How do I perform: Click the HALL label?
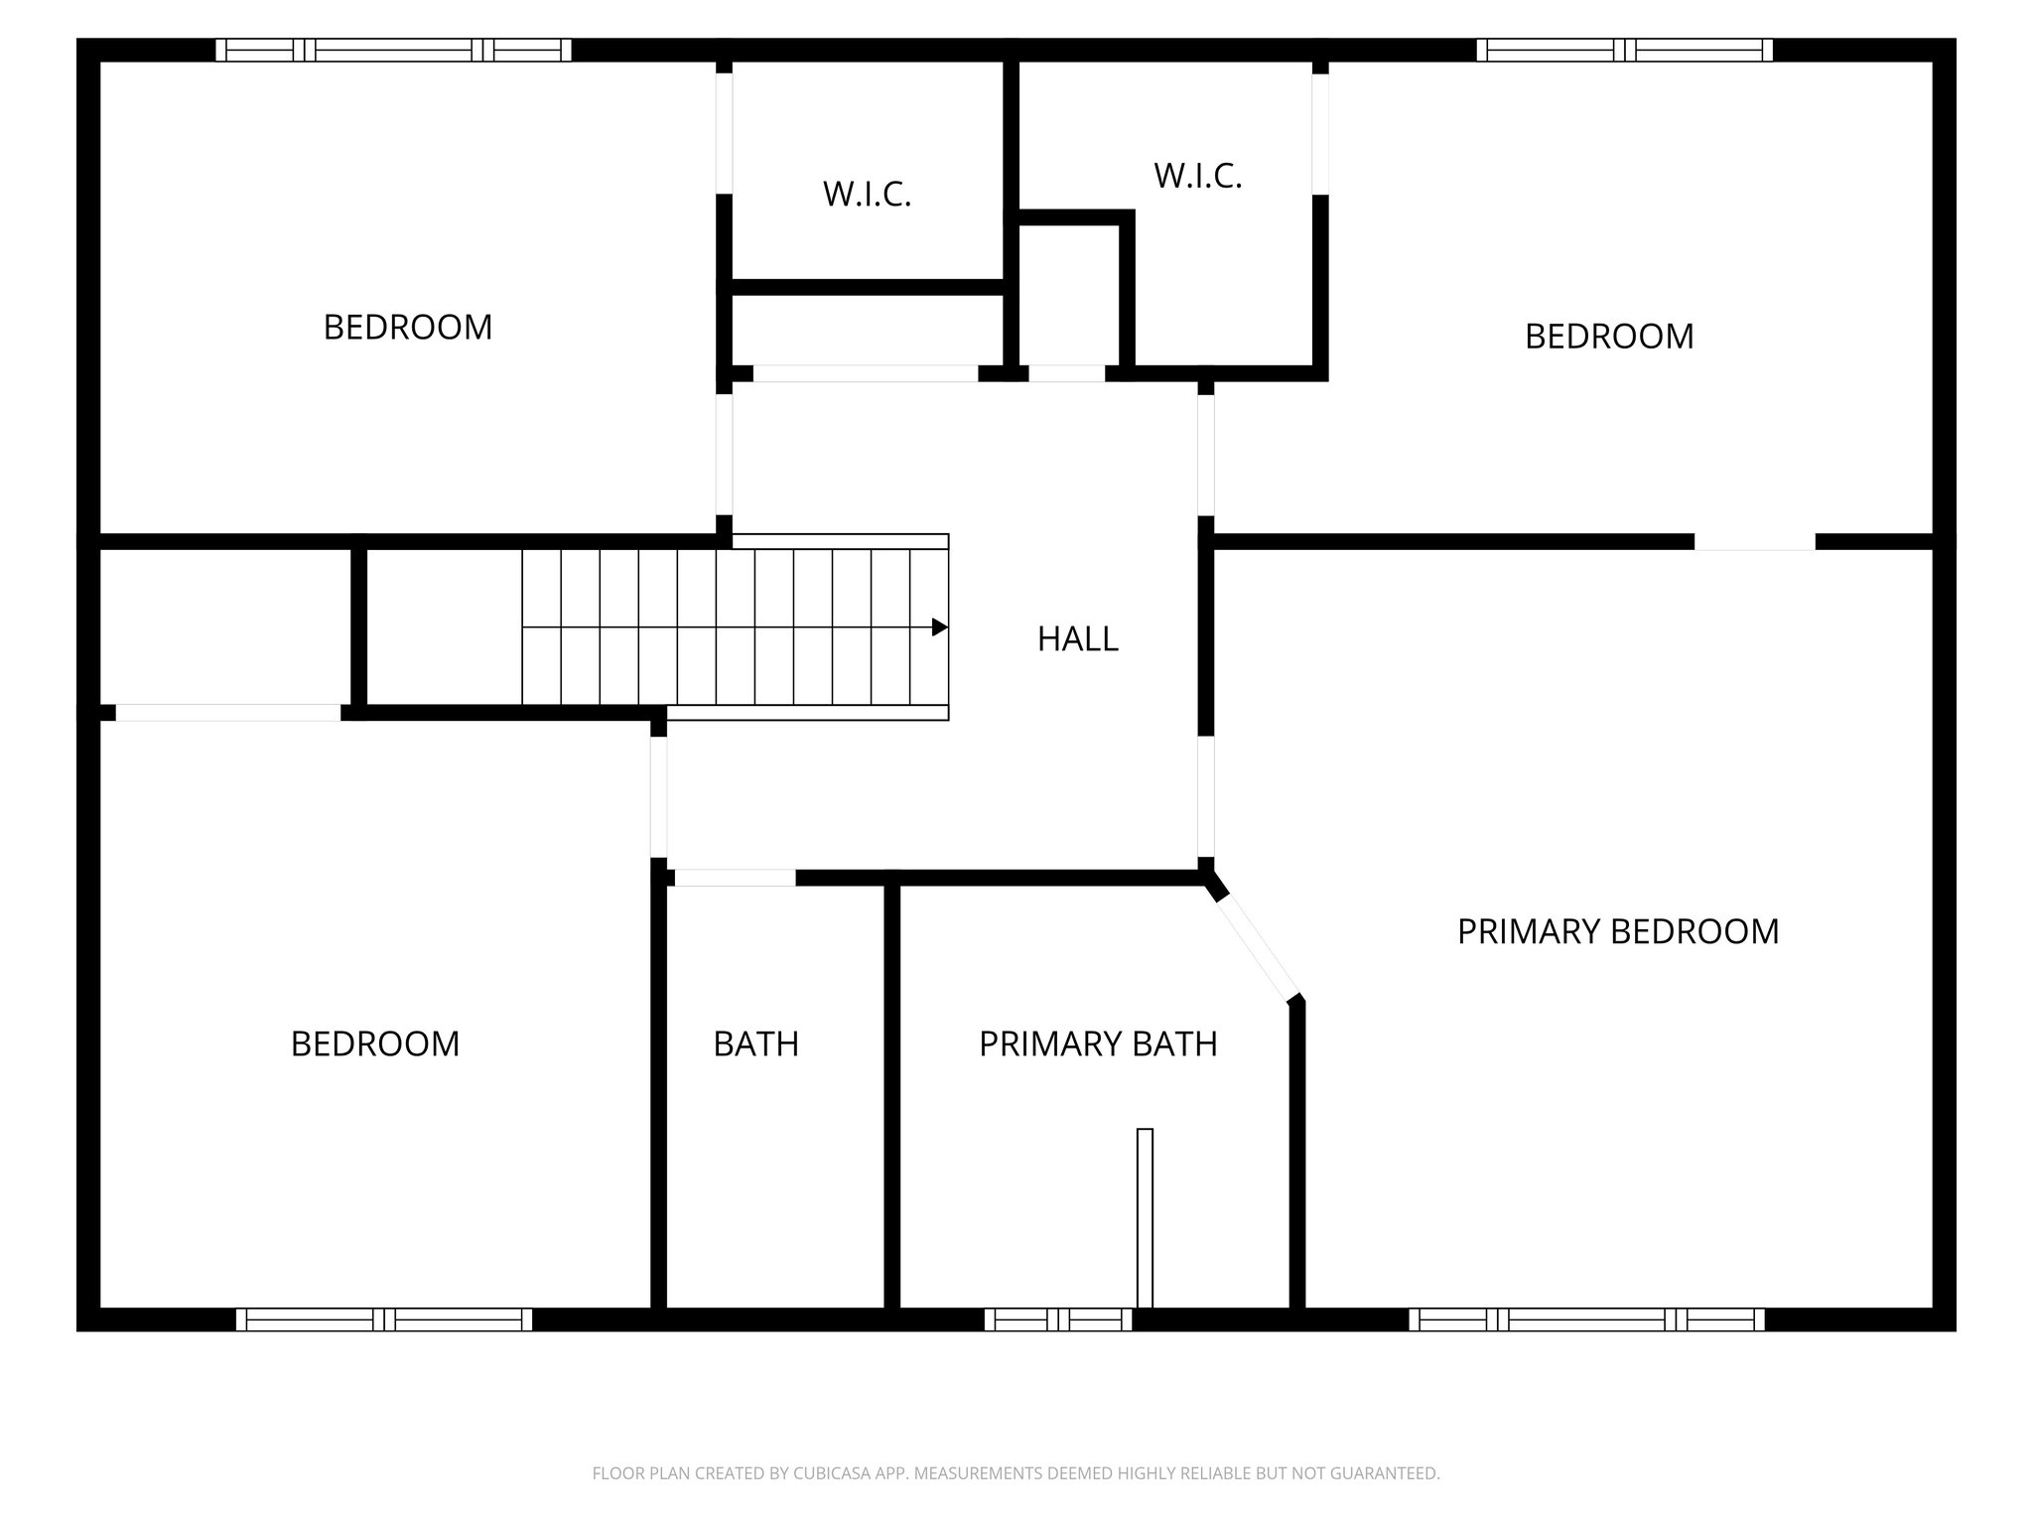click(x=1077, y=638)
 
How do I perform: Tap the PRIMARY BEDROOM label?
click(x=1617, y=931)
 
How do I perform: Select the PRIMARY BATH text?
click(x=1097, y=1043)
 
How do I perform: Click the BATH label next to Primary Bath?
click(x=755, y=1043)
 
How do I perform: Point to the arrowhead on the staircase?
click(x=939, y=627)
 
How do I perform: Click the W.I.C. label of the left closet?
click(x=867, y=194)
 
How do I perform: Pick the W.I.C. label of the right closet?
click(x=1197, y=176)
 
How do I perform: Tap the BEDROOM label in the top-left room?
click(x=408, y=327)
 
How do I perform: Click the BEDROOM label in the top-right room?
click(x=1608, y=336)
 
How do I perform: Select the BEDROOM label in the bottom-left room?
click(x=375, y=1043)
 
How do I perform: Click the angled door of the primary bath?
click(x=1257, y=947)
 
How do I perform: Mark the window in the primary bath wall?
click(x=1058, y=1319)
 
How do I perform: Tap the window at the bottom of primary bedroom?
click(x=1586, y=1319)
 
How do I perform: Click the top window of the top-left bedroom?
click(x=393, y=50)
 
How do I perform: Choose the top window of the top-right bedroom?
click(x=1624, y=50)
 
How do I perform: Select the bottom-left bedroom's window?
click(x=384, y=1319)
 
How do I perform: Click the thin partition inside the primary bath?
click(x=1145, y=1217)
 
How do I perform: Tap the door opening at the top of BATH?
click(x=735, y=878)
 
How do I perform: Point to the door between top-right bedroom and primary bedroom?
click(x=1754, y=542)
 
